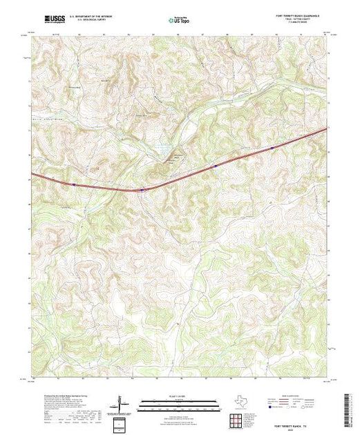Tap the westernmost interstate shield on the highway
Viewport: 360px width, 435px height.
tap(74, 184)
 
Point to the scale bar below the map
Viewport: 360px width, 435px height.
tap(173, 406)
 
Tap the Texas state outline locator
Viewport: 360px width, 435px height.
tap(239, 403)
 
